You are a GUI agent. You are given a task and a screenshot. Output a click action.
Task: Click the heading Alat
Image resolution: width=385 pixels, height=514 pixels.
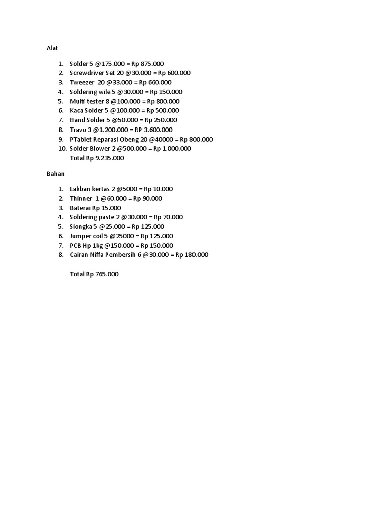52,48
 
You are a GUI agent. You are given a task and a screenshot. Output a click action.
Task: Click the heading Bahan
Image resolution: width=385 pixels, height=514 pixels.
55,174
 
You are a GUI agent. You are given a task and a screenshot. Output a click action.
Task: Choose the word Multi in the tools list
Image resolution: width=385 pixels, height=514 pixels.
77,101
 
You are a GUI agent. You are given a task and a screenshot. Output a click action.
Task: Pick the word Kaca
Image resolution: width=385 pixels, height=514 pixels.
77,110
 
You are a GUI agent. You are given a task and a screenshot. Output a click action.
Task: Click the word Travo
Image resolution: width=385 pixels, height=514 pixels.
78,130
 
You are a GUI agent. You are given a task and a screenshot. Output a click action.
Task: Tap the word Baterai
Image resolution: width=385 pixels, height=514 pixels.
81,208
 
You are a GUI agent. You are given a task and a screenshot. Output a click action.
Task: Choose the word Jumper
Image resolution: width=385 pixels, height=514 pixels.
81,236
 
